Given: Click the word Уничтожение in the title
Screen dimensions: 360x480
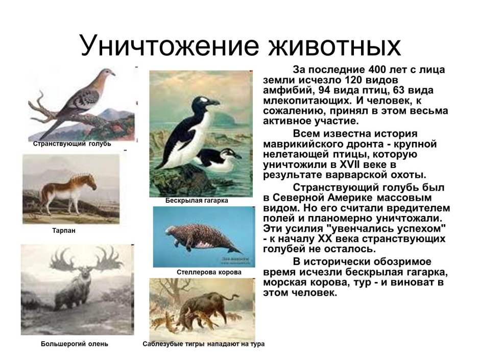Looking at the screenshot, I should pos(169,45).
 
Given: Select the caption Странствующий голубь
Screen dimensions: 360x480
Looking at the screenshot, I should pos(72,144).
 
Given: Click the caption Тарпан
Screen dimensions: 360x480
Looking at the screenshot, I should pos(64,231).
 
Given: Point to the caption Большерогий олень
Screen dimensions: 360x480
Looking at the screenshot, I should pos(75,344).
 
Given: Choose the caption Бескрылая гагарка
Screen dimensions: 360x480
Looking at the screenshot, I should pos(197,201).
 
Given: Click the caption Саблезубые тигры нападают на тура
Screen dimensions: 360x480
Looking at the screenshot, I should pos(203,344).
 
